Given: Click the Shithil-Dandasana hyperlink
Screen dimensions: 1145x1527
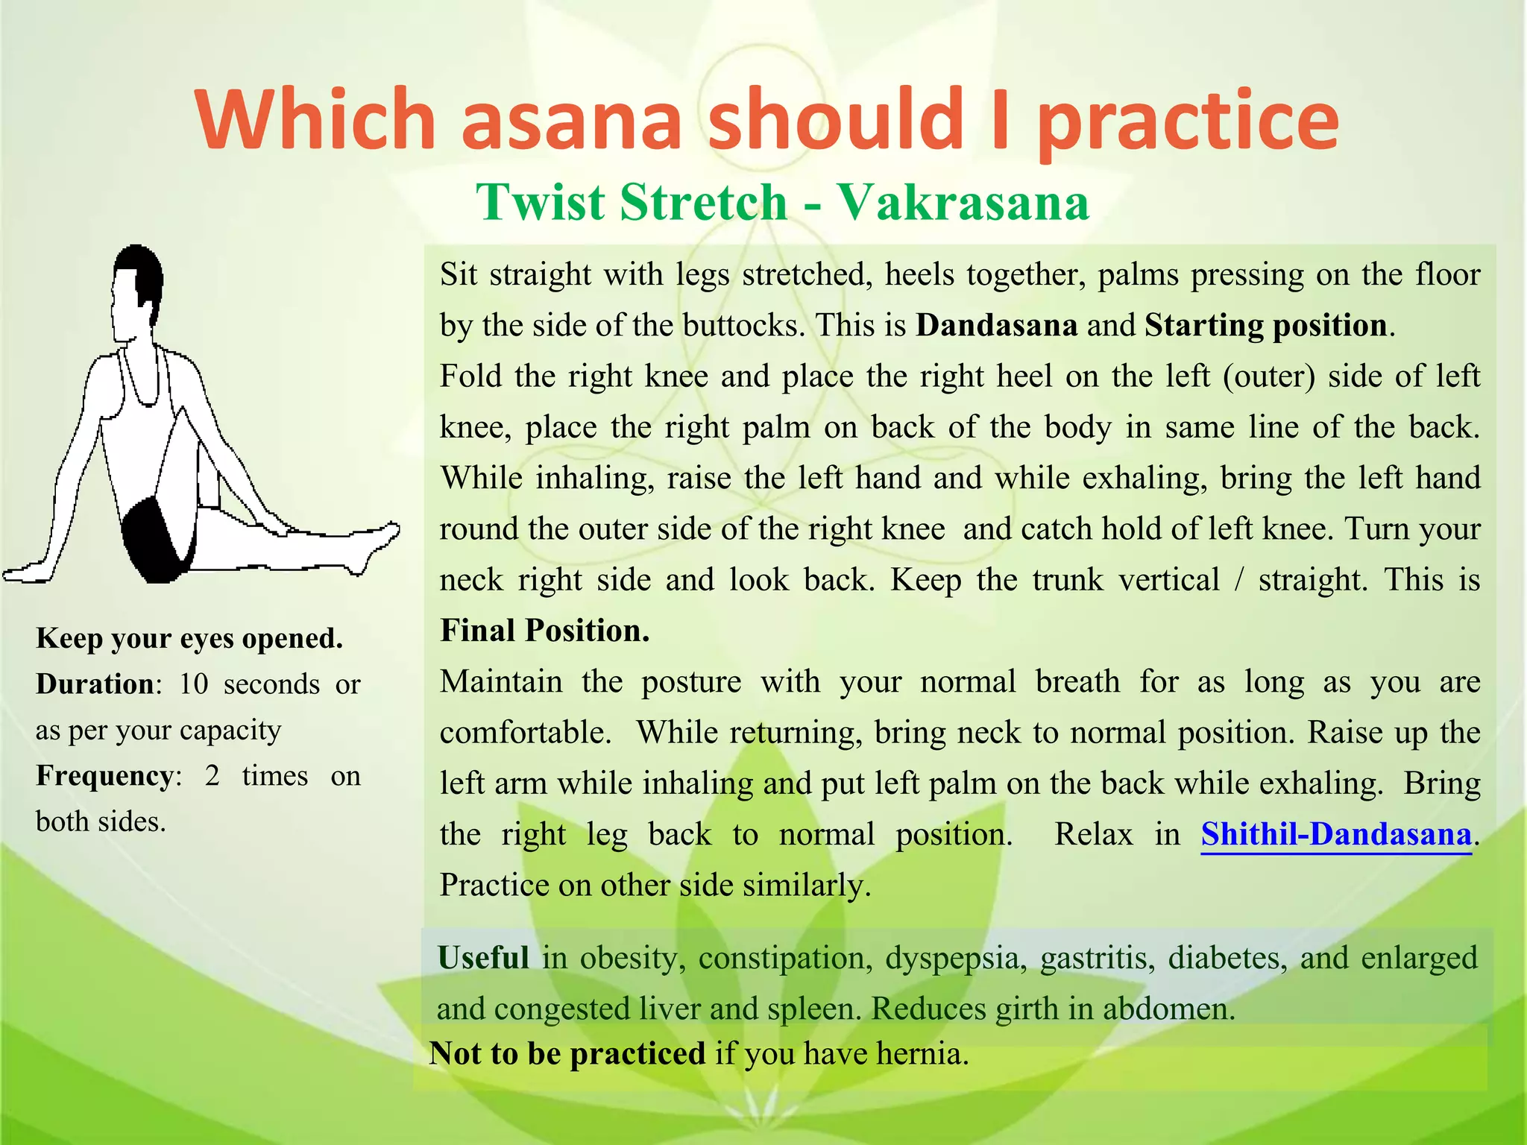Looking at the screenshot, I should coord(1336,834).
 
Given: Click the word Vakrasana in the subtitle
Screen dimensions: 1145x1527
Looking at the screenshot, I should coord(962,203).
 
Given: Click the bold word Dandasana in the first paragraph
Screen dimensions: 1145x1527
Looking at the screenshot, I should coord(996,326).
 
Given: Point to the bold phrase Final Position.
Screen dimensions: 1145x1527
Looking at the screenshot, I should coord(544,631).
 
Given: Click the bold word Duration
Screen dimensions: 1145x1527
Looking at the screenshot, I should coord(95,684).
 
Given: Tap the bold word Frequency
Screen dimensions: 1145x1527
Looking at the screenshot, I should coord(104,776).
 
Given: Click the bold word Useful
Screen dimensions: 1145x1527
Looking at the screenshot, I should coord(482,958).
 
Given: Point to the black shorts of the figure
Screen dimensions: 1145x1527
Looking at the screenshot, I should coord(157,540).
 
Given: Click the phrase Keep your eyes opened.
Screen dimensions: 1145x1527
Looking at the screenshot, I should coord(189,639).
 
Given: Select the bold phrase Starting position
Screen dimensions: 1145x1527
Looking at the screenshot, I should coord(1265,326).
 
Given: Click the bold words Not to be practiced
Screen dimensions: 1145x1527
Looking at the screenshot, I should coord(567,1054).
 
